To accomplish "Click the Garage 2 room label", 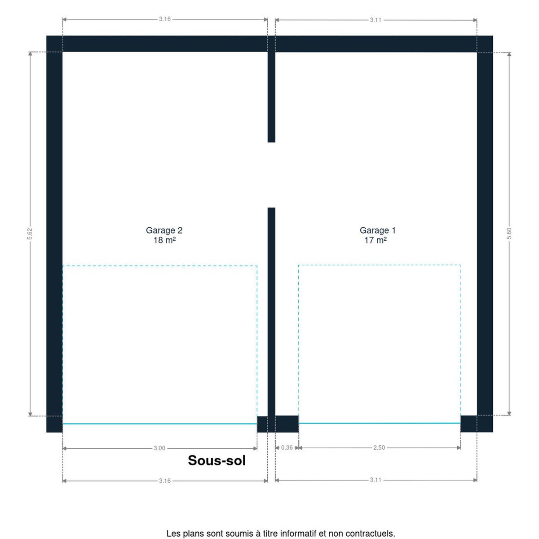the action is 164,230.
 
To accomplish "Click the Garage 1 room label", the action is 377,230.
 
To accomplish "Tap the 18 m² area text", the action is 164,240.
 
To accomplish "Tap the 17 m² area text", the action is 376,240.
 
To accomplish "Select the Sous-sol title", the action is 216,460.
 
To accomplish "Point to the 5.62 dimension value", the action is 30,234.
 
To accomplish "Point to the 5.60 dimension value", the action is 509,233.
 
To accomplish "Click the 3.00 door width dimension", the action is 159,448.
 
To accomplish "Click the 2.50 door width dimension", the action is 379,447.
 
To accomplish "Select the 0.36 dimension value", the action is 287,447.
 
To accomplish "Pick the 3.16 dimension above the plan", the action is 165,19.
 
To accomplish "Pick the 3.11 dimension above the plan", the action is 376,20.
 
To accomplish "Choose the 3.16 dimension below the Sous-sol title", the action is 165,481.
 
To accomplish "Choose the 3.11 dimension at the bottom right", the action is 376,480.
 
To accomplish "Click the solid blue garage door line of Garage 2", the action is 160,424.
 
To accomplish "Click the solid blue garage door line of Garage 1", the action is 379,423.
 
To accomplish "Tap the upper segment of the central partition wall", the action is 271,97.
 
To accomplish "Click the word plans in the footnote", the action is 192,534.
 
